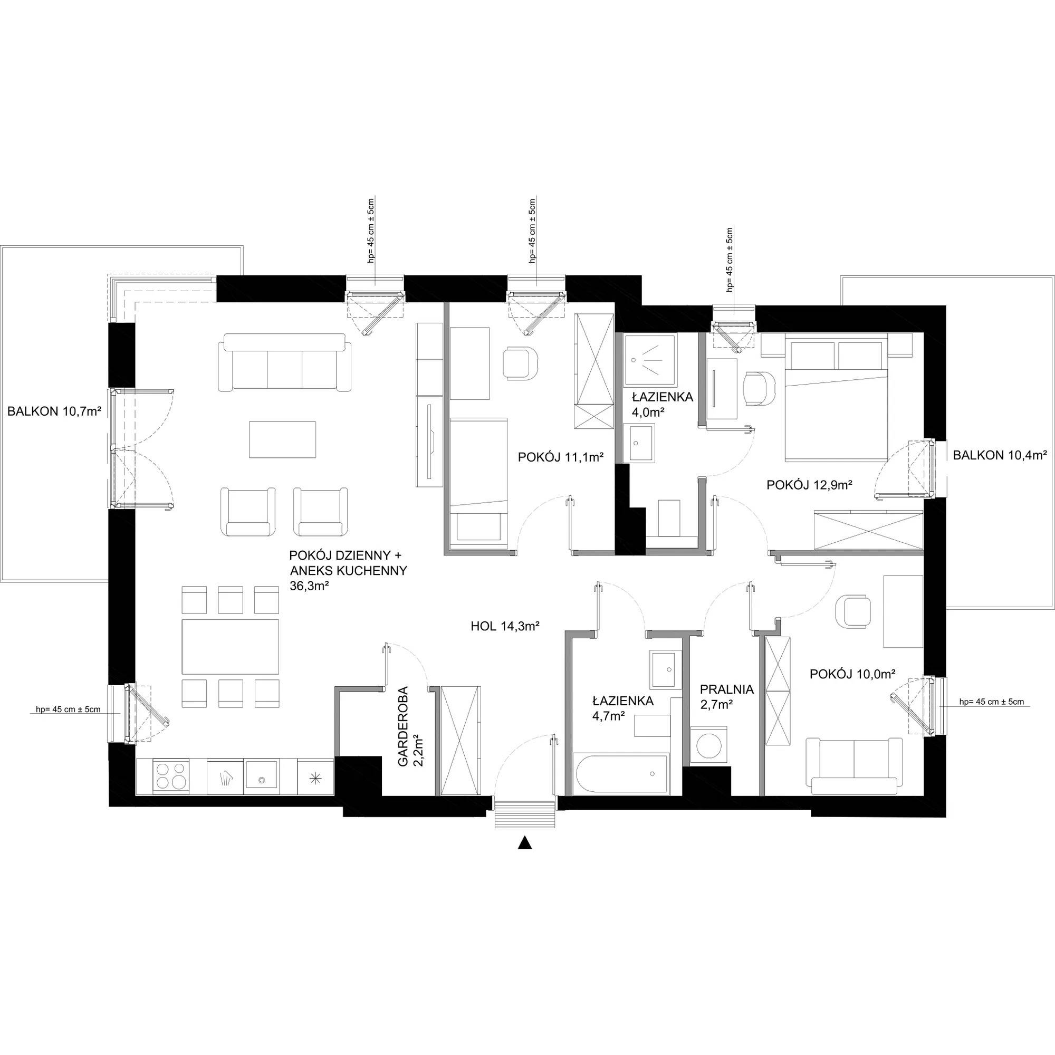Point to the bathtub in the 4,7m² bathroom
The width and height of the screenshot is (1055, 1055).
tap(621, 775)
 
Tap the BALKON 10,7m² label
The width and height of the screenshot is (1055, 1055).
tap(55, 412)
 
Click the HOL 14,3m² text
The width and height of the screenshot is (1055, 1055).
tap(505, 627)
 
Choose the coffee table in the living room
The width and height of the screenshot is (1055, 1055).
tap(283, 439)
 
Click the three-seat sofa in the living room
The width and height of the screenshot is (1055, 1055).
tap(284, 362)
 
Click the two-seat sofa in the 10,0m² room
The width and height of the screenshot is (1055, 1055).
tap(854, 765)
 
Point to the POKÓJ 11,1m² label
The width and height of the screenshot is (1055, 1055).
tap(561, 457)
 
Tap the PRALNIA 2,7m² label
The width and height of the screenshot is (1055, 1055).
tap(727, 697)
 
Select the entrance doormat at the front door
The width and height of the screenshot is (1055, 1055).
tap(525, 813)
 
